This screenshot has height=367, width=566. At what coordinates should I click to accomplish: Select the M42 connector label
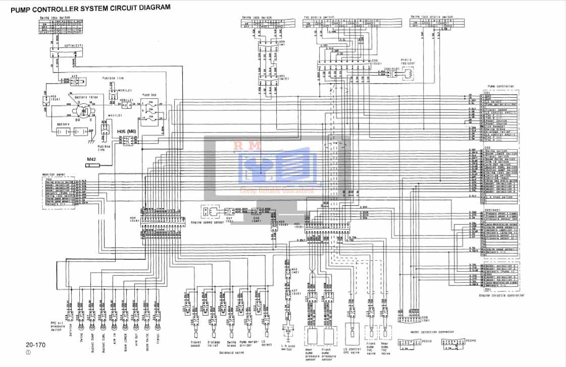[92, 159]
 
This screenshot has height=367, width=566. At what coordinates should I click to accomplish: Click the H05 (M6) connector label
[127, 131]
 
